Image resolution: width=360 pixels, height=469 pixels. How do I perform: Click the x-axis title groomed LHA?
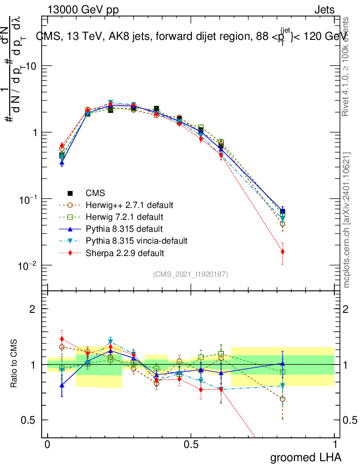pyautogui.click(x=305, y=457)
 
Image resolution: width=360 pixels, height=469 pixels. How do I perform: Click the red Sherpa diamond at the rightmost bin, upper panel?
pyautogui.click(x=283, y=251)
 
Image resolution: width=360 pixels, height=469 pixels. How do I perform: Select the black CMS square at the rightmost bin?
pyautogui.click(x=283, y=212)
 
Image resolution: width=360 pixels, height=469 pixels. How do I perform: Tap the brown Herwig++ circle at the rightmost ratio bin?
pyautogui.click(x=283, y=399)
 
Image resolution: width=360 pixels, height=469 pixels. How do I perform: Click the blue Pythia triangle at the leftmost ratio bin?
pyautogui.click(x=62, y=385)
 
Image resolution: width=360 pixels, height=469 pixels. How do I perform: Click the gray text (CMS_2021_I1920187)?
pyautogui.click(x=191, y=274)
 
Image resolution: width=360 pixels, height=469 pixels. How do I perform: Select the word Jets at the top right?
pyautogui.click(x=324, y=10)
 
